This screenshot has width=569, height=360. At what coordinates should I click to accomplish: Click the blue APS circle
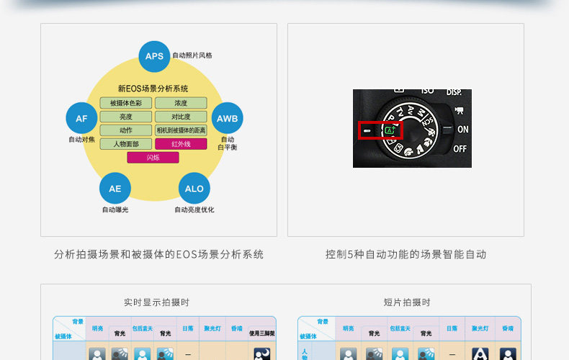(x=154, y=56)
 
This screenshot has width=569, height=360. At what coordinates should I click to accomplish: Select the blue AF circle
(x=81, y=119)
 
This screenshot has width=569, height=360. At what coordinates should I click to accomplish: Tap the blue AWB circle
(x=227, y=118)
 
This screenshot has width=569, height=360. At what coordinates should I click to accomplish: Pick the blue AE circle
(x=115, y=189)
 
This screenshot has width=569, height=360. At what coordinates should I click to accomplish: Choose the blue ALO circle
(x=194, y=189)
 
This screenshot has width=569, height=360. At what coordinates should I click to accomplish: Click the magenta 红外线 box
(x=181, y=144)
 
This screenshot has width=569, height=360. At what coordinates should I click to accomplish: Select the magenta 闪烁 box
(x=153, y=157)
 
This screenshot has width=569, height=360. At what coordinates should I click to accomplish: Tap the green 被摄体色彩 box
(x=126, y=103)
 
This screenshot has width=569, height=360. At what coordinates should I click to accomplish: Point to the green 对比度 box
(x=181, y=117)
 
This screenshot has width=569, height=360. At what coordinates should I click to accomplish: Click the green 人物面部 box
(x=126, y=144)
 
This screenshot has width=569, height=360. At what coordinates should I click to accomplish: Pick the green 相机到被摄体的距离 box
(x=181, y=130)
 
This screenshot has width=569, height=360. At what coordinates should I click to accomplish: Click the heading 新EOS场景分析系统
(x=153, y=89)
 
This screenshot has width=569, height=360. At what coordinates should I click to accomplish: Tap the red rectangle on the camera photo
(x=380, y=130)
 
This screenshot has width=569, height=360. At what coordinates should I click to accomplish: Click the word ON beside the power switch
(x=462, y=130)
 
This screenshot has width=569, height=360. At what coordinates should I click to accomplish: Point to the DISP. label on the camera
(x=454, y=92)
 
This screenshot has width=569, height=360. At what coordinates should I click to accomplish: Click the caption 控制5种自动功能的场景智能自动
(x=406, y=254)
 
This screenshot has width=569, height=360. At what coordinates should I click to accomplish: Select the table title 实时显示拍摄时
(x=156, y=302)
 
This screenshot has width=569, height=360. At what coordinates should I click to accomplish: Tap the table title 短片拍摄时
(x=407, y=302)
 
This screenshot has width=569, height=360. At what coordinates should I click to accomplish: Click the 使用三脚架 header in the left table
(x=262, y=333)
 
